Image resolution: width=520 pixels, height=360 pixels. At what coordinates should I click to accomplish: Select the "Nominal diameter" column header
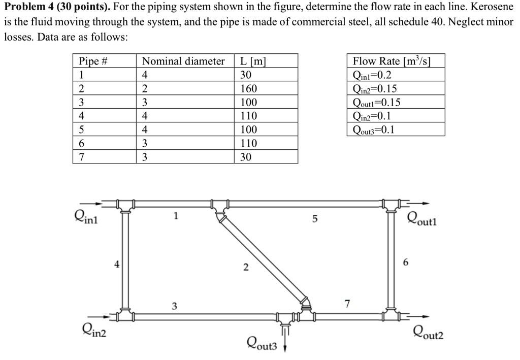pos(183,61)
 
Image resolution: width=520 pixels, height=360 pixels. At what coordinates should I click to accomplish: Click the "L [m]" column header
pos(252,61)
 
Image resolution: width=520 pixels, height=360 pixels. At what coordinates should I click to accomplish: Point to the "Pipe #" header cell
pos(93,61)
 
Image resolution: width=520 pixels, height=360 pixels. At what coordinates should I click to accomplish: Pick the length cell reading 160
pos(248,89)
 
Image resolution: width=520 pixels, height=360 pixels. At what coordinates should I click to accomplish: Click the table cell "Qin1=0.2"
pos(372,75)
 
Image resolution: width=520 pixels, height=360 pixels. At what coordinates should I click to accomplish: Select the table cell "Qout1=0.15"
pos(376,103)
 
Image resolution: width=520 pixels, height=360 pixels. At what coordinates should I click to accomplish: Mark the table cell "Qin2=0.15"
pos(374,89)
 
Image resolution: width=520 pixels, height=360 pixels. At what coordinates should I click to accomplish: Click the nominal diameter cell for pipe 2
pos(145,89)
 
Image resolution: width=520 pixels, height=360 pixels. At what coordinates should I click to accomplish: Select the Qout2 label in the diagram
pos(428,333)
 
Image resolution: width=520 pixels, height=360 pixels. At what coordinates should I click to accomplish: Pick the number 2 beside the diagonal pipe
pos(245,268)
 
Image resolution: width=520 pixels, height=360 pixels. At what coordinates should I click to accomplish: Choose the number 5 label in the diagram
pos(315,219)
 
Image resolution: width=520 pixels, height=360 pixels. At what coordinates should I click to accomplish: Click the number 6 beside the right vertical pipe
pos(405,263)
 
